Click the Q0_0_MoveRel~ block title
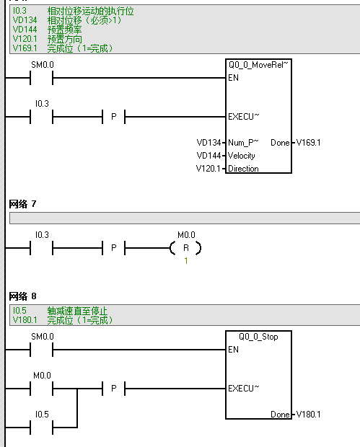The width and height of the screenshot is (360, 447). (x=258, y=64)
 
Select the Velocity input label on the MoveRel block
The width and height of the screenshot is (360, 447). (x=242, y=156)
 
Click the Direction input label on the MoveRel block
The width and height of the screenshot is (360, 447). (x=243, y=169)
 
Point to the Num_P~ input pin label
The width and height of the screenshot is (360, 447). (x=241, y=143)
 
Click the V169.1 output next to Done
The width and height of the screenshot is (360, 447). (x=308, y=143)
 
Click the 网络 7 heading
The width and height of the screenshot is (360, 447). (x=22, y=205)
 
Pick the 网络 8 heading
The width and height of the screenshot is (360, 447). (x=22, y=296)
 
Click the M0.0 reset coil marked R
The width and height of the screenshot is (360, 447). (x=185, y=248)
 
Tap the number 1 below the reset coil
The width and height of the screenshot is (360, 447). (x=185, y=260)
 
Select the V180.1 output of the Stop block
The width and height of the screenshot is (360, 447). (x=308, y=415)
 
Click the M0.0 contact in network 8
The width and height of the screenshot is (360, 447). (x=42, y=389)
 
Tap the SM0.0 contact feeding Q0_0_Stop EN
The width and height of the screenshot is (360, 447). (x=42, y=350)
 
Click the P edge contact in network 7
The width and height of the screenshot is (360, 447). (x=113, y=248)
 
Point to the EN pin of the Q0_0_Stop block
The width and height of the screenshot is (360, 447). (x=233, y=350)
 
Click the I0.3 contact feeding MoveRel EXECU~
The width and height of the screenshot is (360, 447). (x=42, y=116)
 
